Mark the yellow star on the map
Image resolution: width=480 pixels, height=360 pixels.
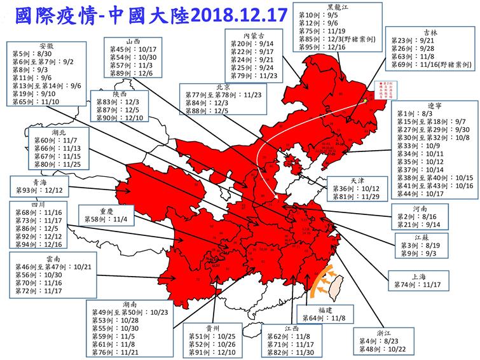tap(367, 101)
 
